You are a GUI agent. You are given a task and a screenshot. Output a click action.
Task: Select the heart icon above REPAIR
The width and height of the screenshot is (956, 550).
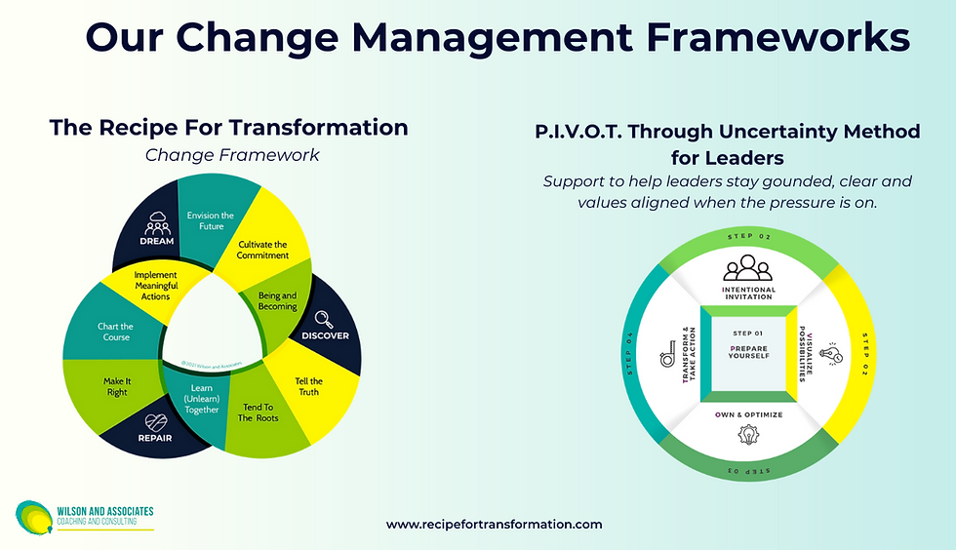(156, 425)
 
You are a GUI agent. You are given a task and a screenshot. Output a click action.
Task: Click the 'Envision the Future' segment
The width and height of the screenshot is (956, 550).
(211, 220)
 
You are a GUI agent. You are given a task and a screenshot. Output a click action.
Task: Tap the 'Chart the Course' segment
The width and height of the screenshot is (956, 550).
(114, 331)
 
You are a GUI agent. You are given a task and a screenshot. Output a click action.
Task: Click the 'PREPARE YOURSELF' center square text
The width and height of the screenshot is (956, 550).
(749, 349)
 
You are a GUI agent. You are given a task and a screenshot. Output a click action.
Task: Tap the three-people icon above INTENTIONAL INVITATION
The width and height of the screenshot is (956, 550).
(748, 268)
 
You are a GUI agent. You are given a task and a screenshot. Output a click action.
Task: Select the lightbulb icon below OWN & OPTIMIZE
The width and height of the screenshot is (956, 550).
(748, 438)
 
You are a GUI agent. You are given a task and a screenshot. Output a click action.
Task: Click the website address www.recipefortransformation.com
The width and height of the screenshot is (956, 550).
(494, 525)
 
